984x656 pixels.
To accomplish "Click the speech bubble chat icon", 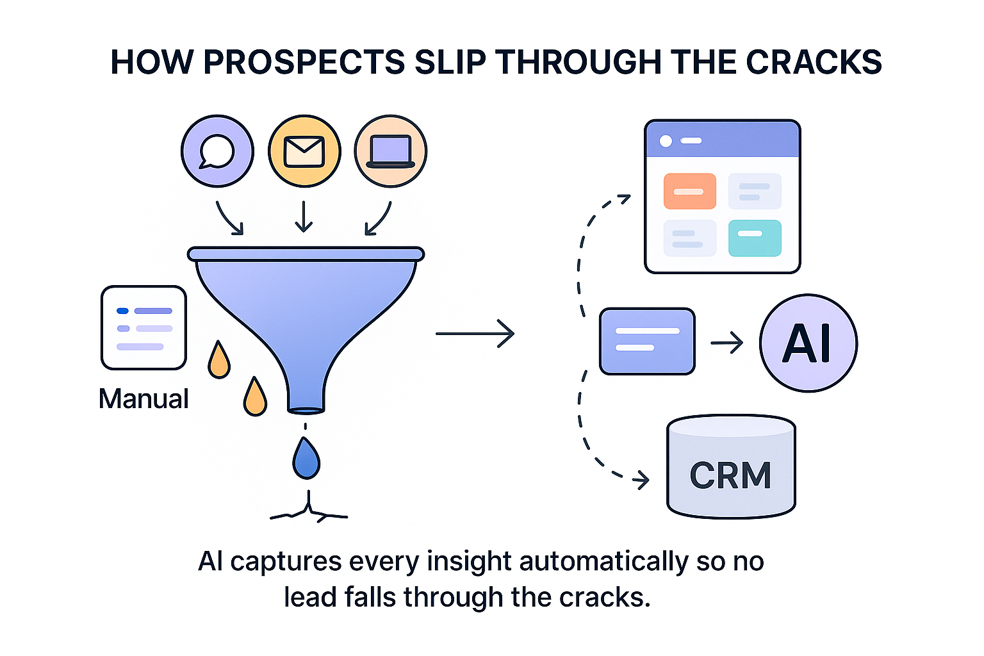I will pos(217,151).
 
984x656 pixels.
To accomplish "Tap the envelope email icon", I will pos(304,151).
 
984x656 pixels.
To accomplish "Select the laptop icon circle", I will pos(390,151).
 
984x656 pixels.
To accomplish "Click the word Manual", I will pos(143,398).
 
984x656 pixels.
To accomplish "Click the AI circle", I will pos(808,343).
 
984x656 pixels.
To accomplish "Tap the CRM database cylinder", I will pos(731,467).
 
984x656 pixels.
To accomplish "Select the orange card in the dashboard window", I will pos(689,191).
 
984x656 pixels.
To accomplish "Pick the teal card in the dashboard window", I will pos(755,238).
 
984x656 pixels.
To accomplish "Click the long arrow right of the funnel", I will pos(475,334).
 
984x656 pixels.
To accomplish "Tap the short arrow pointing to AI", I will pos(727,343).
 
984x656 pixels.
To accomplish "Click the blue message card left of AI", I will pos(647,341).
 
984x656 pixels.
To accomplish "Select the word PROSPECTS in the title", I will pos(304,62).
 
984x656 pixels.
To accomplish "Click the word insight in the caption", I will pos(469,561).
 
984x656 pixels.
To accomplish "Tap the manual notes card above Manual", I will pos(143,327).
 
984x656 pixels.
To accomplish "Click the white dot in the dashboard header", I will pos(666,141).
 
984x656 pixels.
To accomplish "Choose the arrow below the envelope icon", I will pos(304,216).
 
